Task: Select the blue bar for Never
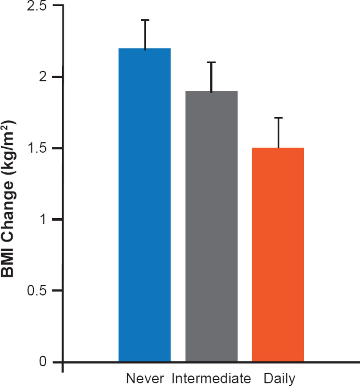tap(144, 205)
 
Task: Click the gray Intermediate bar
tap(211, 226)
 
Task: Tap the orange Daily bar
tap(278, 255)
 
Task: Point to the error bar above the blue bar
tap(145, 34)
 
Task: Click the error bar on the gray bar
tap(211, 77)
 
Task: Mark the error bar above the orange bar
tap(278, 133)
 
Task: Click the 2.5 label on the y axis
tap(37, 6)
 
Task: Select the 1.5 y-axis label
tap(37, 148)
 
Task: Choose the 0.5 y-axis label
tap(37, 291)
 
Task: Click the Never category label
tap(145, 378)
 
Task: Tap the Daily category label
tap(279, 378)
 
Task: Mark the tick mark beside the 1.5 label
tap(58, 148)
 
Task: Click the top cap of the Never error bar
tap(145, 20)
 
